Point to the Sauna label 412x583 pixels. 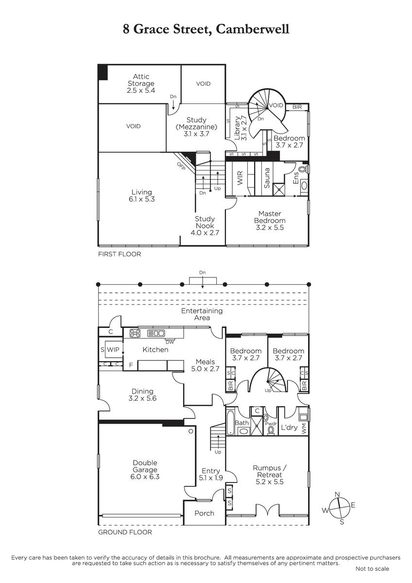tap(267, 178)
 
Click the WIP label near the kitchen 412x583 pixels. tap(113, 349)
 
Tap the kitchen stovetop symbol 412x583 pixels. tap(135, 333)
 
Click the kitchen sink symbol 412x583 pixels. tap(156, 333)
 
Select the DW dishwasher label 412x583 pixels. tap(170, 342)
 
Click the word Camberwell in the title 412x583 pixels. tap(253, 29)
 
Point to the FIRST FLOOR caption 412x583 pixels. tap(120, 254)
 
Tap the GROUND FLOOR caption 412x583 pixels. tap(125, 532)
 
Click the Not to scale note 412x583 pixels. tap(372, 569)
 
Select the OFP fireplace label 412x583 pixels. tap(181, 166)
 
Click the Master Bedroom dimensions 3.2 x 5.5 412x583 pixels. tap(270, 227)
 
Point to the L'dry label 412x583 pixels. tap(289, 428)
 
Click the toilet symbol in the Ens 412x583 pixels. tap(303, 170)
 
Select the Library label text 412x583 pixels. tap(237, 128)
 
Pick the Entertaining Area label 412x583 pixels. tap(202, 314)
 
